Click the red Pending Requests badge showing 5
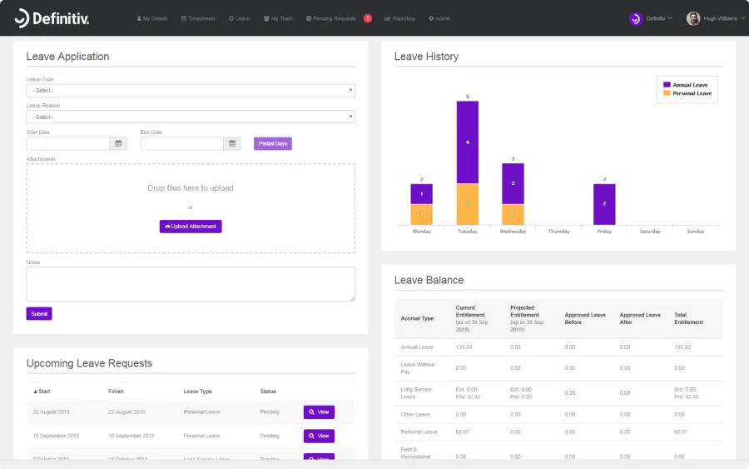pos(368,18)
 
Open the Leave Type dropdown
pos(191,91)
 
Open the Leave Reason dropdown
pos(191,117)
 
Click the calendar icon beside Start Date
pos(118,143)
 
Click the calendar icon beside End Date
pos(232,143)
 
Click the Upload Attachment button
pos(191,227)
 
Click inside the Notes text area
pos(191,284)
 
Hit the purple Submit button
pos(39,314)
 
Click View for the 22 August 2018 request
pos(319,412)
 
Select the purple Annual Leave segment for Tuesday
pos(467,142)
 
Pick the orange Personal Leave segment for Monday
pos(421,214)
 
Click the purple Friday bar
pos(604,204)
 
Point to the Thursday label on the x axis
pos(558,232)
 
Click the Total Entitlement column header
pos(688,319)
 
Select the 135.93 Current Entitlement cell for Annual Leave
pos(464,347)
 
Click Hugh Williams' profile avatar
pos(692,18)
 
